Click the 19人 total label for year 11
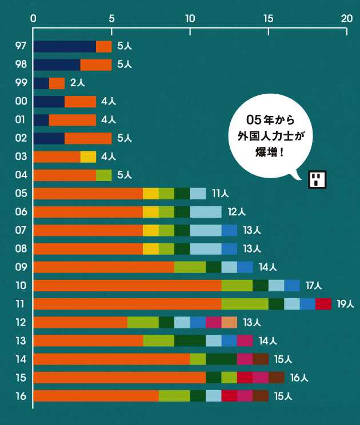pyautogui.click(x=346, y=304)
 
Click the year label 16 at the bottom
pyautogui.click(x=21, y=396)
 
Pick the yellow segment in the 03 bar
pyautogui.click(x=88, y=157)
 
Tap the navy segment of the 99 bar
pyautogui.click(x=41, y=83)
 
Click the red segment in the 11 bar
pyautogui.click(x=323, y=304)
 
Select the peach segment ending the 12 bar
pyautogui.click(x=229, y=322)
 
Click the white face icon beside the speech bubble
pyautogui.click(x=317, y=179)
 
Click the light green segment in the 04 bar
pyautogui.click(x=103, y=175)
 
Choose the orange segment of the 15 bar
pyautogui.click(x=119, y=378)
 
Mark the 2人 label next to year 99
pyautogui.click(x=77, y=83)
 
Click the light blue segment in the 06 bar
pyautogui.click(x=206, y=212)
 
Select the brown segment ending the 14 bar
pyautogui.click(x=261, y=359)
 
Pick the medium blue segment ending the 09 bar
pyautogui.click(x=245, y=267)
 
